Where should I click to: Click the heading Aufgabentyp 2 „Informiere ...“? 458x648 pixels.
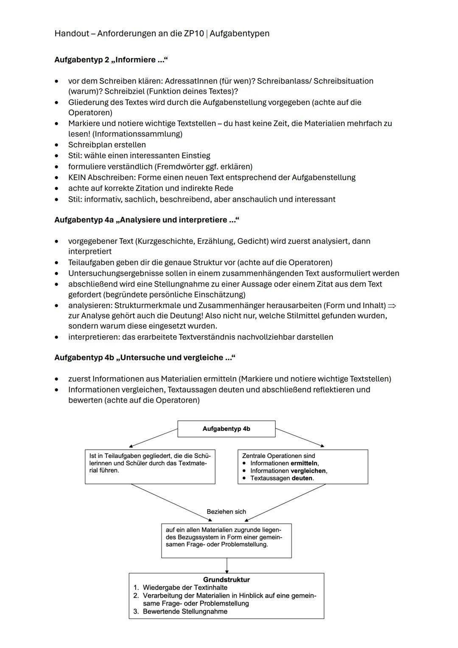coord(111,60)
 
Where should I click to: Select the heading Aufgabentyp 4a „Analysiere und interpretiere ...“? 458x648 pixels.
coord(147,220)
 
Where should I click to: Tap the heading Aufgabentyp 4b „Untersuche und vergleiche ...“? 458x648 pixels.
coord(145,357)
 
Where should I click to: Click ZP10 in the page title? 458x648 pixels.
coord(194,34)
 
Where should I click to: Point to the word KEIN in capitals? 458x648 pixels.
coord(77,177)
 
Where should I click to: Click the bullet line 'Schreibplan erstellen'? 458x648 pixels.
coord(107,145)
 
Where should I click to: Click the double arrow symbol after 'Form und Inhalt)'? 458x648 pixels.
coord(392,306)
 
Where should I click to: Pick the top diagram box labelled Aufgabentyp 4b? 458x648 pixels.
coord(226,429)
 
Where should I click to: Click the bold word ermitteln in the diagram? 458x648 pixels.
coord(304,463)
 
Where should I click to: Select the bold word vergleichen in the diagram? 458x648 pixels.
coord(308,471)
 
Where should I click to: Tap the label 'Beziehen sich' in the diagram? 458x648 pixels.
coord(226,512)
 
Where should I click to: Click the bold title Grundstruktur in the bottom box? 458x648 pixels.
coord(226,580)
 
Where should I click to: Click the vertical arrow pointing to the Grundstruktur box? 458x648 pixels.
coord(227,565)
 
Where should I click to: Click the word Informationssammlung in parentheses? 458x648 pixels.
coord(137,134)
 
